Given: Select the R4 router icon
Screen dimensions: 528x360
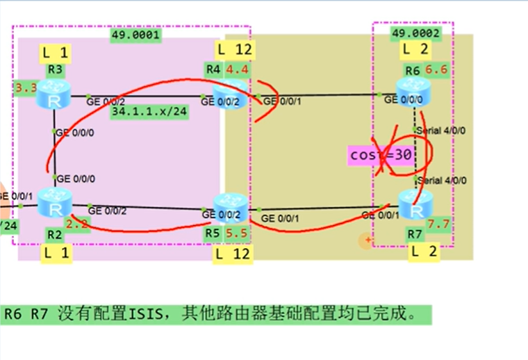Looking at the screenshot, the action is [230, 94].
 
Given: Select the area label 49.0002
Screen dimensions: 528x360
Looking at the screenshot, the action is [412, 33].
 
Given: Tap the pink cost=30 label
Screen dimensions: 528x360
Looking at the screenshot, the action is [381, 156].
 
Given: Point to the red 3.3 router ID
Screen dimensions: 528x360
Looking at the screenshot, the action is [25, 88].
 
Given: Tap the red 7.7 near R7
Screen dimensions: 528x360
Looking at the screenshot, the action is [438, 224].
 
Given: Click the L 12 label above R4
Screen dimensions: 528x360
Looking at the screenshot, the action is [234, 49].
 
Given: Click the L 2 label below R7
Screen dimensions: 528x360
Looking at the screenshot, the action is [423, 252].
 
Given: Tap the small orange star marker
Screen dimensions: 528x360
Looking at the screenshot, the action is [368, 240].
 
